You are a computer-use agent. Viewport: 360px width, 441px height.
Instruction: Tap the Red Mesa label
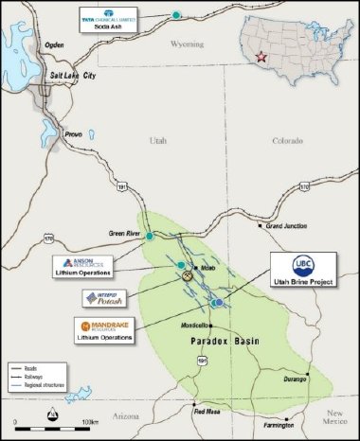[206, 412]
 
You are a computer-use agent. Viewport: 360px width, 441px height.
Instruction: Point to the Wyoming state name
[203, 43]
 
